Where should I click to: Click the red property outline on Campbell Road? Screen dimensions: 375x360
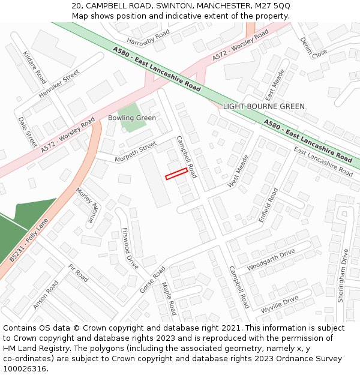176,173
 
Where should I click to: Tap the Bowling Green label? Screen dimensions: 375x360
132,118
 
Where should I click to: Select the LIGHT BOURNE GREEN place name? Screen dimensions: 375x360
263,106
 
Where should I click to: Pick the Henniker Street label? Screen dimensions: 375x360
59,84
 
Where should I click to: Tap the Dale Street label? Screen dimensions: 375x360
28,132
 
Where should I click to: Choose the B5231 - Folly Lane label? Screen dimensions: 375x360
29,241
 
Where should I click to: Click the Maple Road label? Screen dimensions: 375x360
169,298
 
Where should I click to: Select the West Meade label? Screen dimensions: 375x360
238,171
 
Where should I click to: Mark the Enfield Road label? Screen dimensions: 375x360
268,206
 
